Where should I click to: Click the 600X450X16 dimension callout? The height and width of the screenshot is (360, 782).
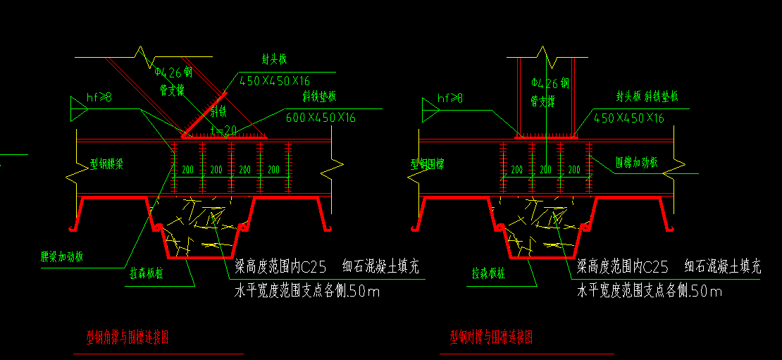(x=321, y=117)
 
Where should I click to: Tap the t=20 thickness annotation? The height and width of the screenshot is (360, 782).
(x=223, y=130)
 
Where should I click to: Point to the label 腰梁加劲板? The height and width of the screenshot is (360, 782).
(x=62, y=256)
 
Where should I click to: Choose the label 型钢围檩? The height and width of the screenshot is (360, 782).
(x=432, y=164)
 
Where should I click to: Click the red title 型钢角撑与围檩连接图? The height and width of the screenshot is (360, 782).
(x=126, y=338)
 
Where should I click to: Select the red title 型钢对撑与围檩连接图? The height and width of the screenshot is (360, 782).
(x=491, y=338)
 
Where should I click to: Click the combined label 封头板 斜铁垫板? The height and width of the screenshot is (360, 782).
(x=646, y=97)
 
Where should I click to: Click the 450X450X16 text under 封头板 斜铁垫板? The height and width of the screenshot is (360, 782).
(x=629, y=118)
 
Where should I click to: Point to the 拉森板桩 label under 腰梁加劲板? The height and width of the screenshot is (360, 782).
(x=146, y=274)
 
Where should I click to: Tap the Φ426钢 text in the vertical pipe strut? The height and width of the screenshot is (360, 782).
(x=550, y=82)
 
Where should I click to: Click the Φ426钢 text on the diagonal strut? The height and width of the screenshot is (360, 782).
(x=173, y=72)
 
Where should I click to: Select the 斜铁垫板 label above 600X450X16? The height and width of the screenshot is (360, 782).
(x=319, y=97)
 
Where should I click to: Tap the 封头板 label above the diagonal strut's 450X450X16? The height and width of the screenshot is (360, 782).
(x=274, y=59)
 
